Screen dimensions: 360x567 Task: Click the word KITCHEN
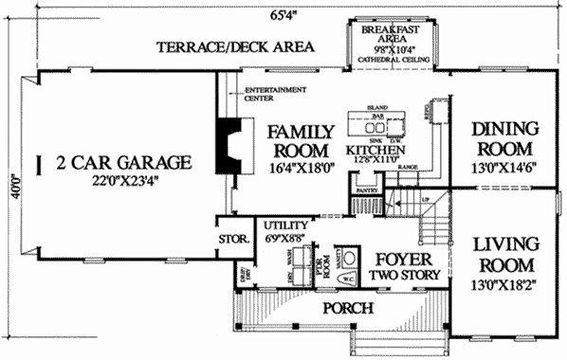point(376,151)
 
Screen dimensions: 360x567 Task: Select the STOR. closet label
point(233,240)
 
